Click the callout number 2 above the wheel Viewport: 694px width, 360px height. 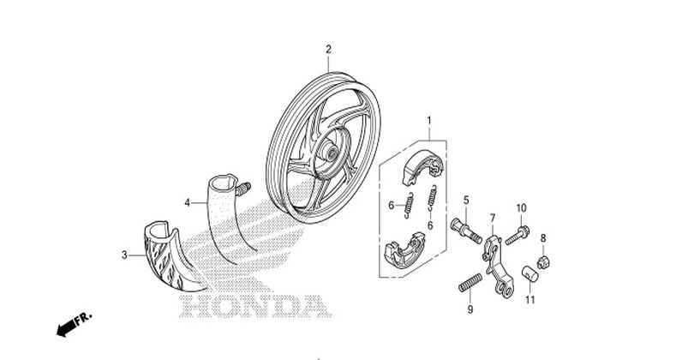pyautogui.click(x=328, y=49)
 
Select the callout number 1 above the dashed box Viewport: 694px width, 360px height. pyautogui.click(x=429, y=121)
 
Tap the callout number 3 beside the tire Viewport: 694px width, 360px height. pyautogui.click(x=124, y=255)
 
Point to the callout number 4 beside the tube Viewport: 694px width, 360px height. pyautogui.click(x=188, y=203)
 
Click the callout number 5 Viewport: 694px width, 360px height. pyautogui.click(x=466, y=201)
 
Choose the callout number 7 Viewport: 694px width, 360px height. pyautogui.click(x=493, y=218)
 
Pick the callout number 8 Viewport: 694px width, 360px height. pyautogui.click(x=543, y=238)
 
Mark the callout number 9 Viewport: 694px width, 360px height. pyautogui.click(x=470, y=309)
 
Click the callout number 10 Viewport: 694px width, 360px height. pyautogui.click(x=522, y=208)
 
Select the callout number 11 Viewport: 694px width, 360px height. pyautogui.click(x=530, y=300)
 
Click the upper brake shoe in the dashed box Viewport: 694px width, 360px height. pyautogui.click(x=422, y=167)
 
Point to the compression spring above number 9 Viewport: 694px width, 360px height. pyautogui.click(x=470, y=283)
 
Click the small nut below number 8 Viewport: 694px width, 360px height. pyautogui.click(x=543, y=262)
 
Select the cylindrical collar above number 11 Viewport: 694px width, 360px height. pyautogui.click(x=529, y=273)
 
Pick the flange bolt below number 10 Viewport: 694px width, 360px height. pyautogui.click(x=517, y=236)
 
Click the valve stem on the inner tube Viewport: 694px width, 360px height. pyautogui.click(x=243, y=189)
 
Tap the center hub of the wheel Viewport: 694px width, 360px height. pyautogui.click(x=330, y=152)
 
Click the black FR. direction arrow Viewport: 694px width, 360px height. pyautogui.click(x=67, y=328)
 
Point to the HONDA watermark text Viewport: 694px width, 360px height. pyautogui.click(x=255, y=306)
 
